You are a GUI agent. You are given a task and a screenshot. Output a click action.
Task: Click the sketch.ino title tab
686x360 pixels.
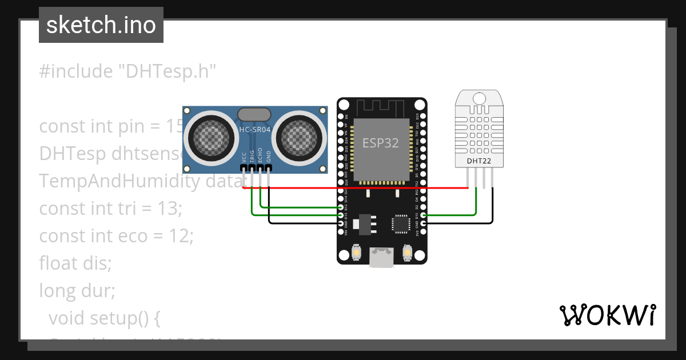pos(101,25)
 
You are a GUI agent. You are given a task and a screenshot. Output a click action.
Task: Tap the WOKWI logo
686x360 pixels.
pos(607,315)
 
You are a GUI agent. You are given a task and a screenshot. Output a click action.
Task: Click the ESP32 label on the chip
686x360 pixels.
pos(380,142)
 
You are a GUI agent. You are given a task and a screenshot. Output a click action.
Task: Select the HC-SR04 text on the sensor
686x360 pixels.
pos(255,130)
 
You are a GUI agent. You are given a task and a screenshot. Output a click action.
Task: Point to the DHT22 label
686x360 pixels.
pos(479,161)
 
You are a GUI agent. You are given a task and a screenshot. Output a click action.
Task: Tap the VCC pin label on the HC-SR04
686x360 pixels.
pos(244,157)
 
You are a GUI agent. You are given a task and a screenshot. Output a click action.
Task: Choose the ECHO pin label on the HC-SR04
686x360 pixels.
pos(260,156)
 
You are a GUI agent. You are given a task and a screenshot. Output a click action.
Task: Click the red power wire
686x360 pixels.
pos(354,187)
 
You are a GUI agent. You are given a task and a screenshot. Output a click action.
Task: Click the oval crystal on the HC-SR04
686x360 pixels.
pos(254,114)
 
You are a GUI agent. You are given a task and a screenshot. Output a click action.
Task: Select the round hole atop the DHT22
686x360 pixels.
pos(479,98)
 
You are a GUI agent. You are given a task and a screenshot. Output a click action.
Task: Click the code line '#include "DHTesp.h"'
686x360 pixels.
pos(127,71)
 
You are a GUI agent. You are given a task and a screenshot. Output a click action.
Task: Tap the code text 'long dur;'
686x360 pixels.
pos(77,291)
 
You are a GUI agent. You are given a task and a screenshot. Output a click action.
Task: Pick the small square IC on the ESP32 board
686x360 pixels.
pos(400,223)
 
